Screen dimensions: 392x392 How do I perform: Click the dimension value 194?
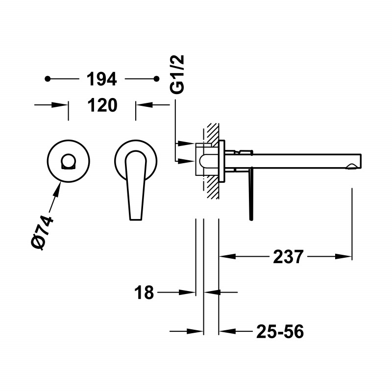[101, 78]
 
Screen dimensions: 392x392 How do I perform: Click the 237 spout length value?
[288, 256]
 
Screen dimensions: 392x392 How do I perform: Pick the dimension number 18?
[144, 293]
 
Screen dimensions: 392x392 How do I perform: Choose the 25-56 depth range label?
[280, 332]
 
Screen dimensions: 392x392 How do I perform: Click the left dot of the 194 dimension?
[48, 78]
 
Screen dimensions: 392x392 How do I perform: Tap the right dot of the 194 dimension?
[157, 78]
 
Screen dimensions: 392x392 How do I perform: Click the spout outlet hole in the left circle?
[69, 161]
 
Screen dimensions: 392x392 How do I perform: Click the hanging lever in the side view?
[251, 194]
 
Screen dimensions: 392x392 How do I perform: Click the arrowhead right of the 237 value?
[345, 256]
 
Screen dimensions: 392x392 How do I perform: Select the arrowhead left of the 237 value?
[226, 256]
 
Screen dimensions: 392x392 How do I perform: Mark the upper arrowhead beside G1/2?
[187, 143]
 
